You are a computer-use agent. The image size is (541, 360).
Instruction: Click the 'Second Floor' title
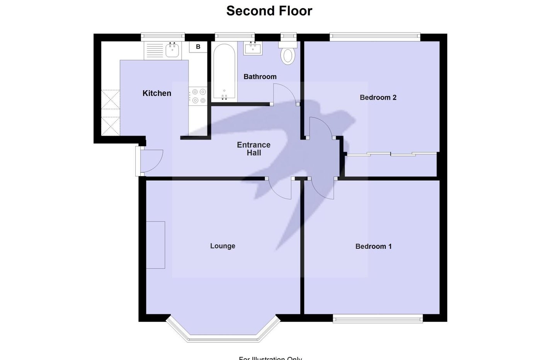pos(269,11)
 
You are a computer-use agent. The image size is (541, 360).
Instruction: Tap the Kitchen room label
pos(157,93)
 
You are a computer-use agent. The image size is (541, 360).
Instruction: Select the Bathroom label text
pos(260,76)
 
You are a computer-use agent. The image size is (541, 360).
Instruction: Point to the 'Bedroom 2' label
pos(378,97)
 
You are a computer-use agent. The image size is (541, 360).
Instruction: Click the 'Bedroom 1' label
pos(373,246)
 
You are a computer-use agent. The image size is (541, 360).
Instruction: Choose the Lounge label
pos(223,246)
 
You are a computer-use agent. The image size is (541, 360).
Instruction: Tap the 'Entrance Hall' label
pos(253,149)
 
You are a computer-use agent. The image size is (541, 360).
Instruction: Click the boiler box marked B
pos(198,47)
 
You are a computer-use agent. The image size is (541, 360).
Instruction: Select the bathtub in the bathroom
pos(224,72)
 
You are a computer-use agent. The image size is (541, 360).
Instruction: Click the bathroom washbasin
pos(253,48)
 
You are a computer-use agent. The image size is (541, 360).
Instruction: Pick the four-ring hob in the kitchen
pos(198,96)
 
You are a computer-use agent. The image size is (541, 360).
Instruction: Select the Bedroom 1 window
pos(378,319)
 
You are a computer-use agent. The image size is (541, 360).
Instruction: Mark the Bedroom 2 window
pos(374,37)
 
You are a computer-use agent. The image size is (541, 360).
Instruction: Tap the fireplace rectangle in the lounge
pos(156,245)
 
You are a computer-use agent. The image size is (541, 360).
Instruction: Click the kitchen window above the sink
pos(163,37)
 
